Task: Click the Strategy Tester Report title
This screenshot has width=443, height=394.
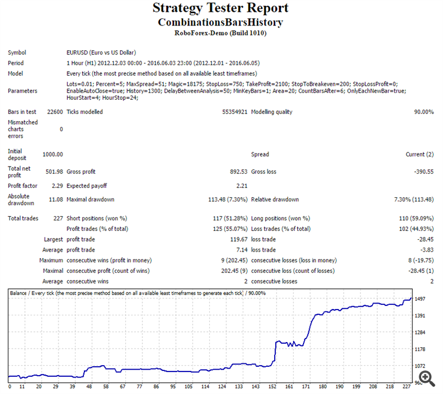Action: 220,8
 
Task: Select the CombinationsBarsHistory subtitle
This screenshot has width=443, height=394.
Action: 220,22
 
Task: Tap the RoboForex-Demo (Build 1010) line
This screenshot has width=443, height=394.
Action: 220,33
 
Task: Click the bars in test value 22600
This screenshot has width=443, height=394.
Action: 55,112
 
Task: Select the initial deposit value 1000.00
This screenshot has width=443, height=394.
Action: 53,154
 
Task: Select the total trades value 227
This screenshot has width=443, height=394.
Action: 58,218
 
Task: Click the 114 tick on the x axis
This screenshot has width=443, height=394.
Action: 189,387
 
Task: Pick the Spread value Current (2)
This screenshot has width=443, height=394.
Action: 418,154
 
